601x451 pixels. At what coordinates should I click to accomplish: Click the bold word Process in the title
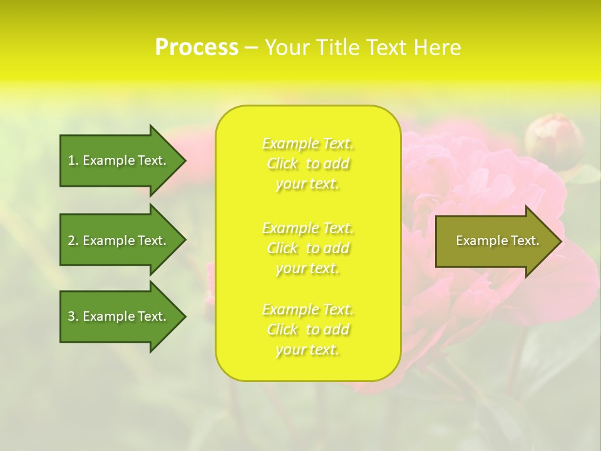coord(197,48)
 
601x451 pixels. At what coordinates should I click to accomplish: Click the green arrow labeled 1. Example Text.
coord(119,160)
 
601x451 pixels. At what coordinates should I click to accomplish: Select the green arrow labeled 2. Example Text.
coord(119,241)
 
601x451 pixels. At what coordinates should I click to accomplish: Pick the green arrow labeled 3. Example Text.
coord(119,316)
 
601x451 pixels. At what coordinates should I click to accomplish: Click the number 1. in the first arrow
coord(73,160)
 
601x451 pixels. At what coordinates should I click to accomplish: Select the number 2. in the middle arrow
coord(73,241)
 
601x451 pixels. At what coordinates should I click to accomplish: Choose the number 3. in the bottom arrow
coord(73,316)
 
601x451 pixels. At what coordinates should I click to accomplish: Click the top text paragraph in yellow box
coord(308,163)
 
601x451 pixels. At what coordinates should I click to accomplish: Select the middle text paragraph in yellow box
coord(308,248)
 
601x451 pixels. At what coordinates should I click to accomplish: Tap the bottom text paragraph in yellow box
coord(308,329)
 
